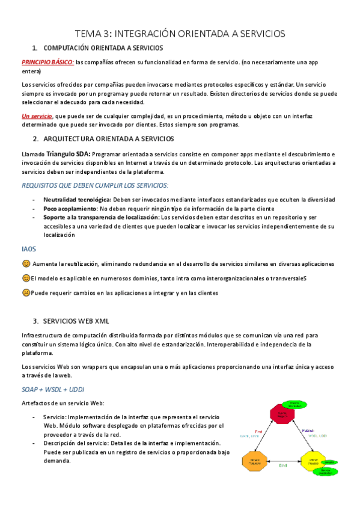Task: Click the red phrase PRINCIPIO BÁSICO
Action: pos(48,61)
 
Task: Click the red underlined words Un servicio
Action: pos(37,115)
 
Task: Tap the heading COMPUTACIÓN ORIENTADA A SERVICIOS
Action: pos(103,47)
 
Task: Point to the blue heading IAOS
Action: pos(28,248)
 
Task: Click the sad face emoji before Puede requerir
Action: pos(26,293)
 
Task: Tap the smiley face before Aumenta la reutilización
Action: pos(26,264)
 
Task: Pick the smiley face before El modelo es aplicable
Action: pos(26,278)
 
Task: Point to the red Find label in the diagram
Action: pos(259,431)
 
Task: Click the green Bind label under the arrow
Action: pos(282,465)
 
